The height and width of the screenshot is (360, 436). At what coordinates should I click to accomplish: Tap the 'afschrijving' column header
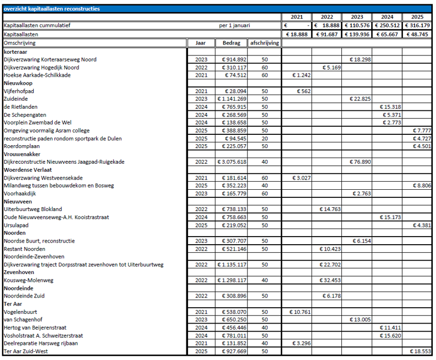tap(264, 43)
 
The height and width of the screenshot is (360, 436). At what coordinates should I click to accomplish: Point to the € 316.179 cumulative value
tap(418, 26)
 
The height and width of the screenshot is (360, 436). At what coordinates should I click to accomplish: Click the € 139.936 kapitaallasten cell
tap(357, 34)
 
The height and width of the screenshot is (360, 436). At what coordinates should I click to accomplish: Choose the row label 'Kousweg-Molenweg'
tap(29, 280)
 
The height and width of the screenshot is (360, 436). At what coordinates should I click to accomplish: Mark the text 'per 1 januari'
tap(235, 26)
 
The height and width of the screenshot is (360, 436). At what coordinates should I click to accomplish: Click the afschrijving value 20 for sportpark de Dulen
tap(264, 139)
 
